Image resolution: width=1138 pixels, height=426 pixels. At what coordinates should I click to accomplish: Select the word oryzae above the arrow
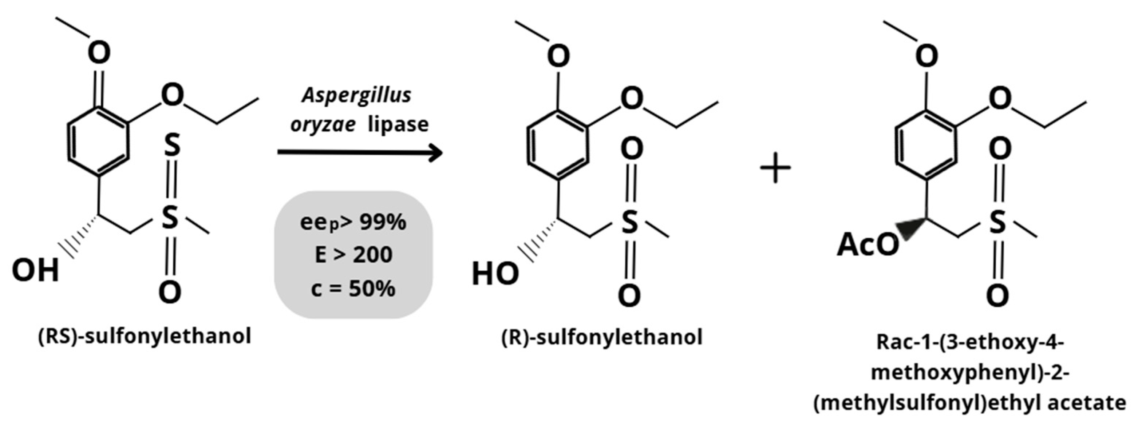tap(323, 125)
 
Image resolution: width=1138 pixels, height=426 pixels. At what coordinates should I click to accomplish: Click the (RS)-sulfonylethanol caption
tap(145, 337)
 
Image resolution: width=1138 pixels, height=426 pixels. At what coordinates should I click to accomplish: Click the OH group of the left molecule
tap(35, 270)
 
